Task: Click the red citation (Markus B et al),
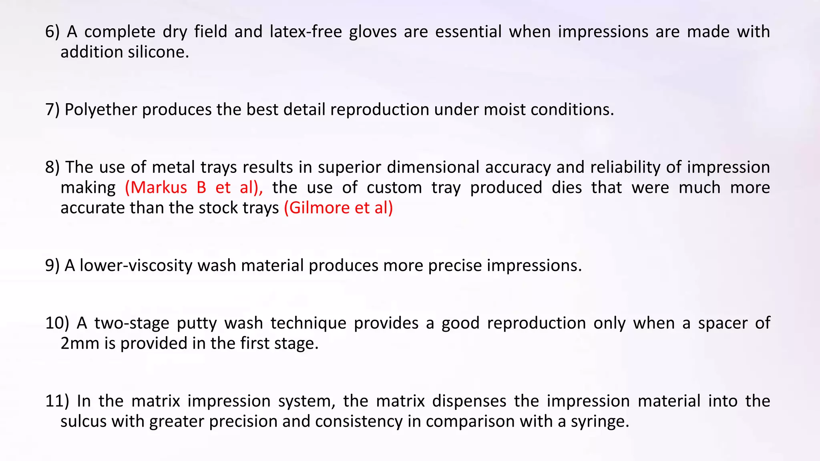(x=194, y=188)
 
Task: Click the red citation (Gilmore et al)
(x=338, y=208)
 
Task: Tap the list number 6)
(x=52, y=32)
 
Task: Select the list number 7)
(x=52, y=110)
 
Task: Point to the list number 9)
(x=52, y=266)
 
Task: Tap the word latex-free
(x=306, y=32)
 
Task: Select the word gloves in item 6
(x=373, y=32)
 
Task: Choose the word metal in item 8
(x=173, y=167)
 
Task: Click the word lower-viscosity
(x=136, y=266)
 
